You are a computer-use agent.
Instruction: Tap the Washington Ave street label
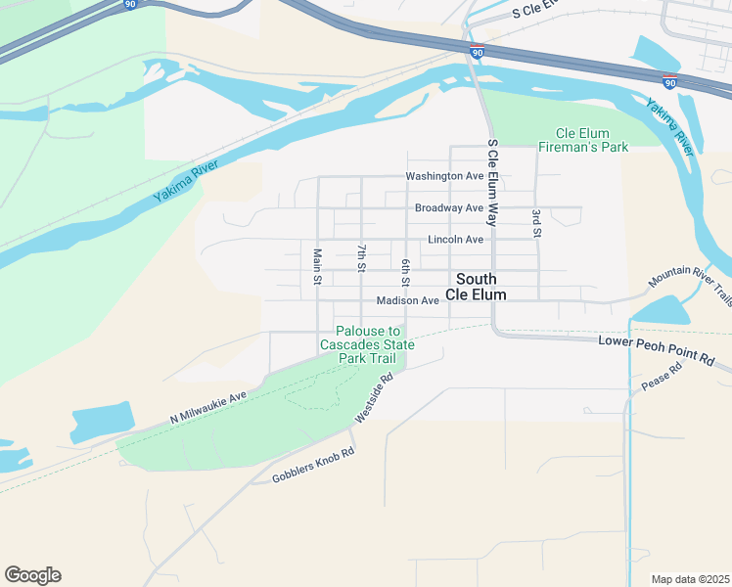445,176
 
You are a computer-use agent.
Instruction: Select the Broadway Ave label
449,207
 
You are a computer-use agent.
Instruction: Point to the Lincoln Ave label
455,239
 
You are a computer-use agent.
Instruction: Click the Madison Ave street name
407,300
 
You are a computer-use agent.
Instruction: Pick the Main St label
317,266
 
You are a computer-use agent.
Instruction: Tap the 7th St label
361,257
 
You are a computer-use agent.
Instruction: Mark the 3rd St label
536,223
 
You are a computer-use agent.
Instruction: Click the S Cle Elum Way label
492,182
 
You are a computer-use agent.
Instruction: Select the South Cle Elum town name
477,286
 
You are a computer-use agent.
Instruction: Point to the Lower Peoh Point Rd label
656,349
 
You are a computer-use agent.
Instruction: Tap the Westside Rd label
374,397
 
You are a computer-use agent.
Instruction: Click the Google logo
32,575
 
